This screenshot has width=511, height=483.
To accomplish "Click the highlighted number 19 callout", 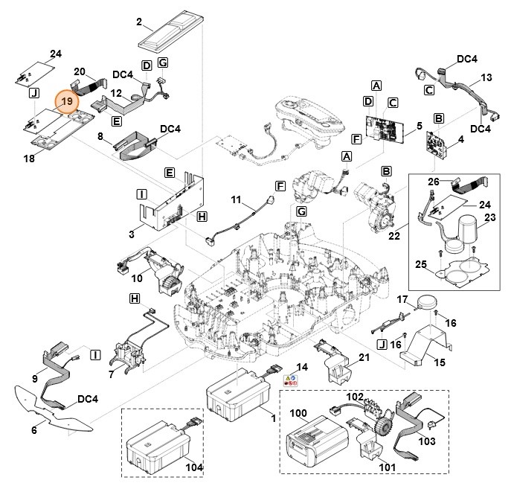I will click(x=67, y=100).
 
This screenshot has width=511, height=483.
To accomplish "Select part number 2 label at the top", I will click(x=139, y=22).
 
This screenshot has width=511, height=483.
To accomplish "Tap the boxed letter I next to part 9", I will click(x=96, y=356).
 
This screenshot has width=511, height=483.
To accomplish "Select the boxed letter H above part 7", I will click(x=135, y=298).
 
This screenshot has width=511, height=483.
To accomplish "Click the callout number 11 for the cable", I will click(x=237, y=201).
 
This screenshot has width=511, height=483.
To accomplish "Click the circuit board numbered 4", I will click(x=440, y=146).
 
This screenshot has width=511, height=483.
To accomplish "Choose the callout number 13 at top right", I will click(x=487, y=77).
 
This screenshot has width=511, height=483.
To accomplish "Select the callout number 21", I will click(x=364, y=359).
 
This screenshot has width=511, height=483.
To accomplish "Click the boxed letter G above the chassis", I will click(x=301, y=213).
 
